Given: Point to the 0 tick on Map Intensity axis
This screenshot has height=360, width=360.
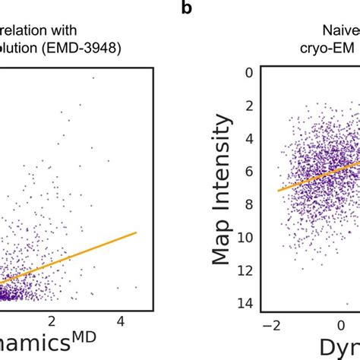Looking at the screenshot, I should point(245,74).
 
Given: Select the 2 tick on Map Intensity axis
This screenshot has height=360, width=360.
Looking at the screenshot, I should point(245,105).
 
